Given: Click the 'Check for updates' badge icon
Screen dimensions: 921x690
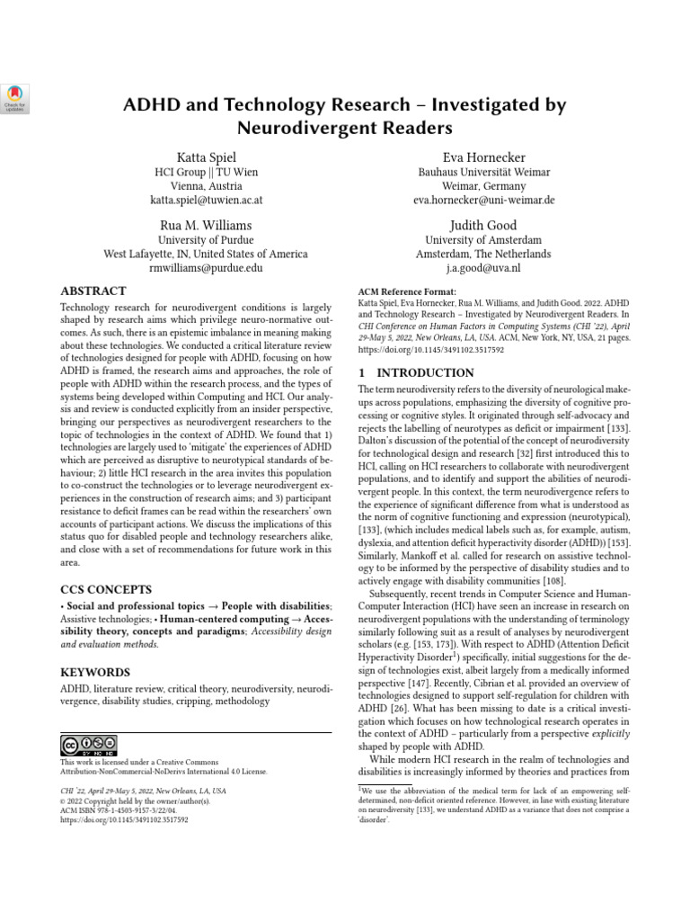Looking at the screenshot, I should [x=17, y=98].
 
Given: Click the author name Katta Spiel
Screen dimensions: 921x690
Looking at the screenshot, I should [x=206, y=157].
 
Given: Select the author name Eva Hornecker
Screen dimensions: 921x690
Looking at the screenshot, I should [x=483, y=157].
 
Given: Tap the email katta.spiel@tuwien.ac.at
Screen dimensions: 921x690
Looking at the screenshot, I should [x=206, y=200].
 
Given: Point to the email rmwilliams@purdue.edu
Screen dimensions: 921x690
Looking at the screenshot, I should [x=206, y=267].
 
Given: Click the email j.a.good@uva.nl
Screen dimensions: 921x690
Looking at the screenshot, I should [x=483, y=267].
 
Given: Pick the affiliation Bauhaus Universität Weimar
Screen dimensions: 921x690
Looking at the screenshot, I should [x=483, y=172].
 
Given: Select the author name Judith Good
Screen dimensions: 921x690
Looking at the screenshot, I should [x=483, y=225].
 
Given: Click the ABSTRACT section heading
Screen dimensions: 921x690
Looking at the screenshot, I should [x=93, y=291].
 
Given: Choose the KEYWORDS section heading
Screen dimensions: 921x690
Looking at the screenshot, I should [x=94, y=672].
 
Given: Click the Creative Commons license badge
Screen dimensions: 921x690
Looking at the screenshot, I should [x=88, y=745].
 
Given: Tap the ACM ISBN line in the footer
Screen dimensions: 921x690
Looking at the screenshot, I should [x=122, y=810].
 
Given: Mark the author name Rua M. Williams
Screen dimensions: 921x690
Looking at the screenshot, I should [x=206, y=225].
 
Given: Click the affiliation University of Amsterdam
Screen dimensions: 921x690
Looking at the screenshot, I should [x=483, y=240].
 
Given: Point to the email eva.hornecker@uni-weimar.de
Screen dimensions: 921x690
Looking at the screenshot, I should [x=483, y=200].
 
